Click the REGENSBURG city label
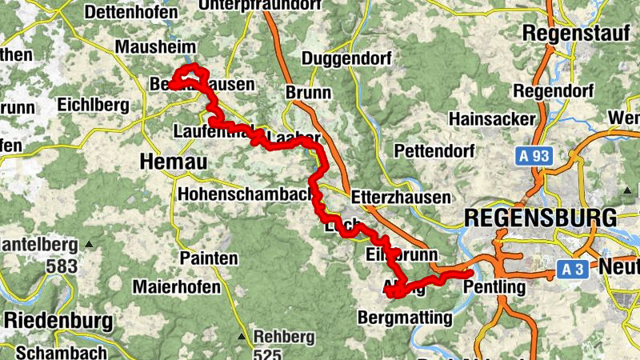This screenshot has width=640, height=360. tap(541, 218)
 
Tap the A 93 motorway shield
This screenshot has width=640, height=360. tap(532, 156)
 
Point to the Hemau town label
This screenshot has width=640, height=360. tap(173, 162)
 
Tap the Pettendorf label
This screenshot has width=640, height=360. tap(434, 150)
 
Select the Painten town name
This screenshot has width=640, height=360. tap(209, 258)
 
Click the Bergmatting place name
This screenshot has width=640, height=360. tap(406, 318)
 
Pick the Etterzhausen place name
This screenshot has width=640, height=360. tap(401, 198)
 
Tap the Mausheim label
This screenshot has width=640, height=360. tap(150, 47)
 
